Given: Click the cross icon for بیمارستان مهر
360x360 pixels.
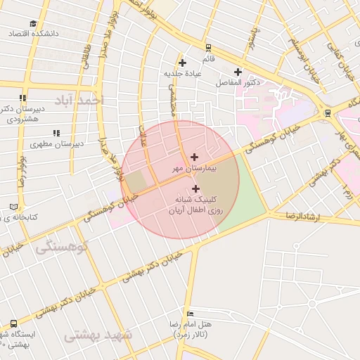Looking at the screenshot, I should (x=195, y=156).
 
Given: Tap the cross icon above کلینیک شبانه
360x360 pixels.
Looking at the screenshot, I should (x=195, y=188).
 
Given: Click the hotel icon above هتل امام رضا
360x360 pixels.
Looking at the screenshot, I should (x=190, y=313).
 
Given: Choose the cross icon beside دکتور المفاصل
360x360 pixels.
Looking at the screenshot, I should (x=238, y=72).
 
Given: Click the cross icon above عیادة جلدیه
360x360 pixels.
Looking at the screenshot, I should (x=182, y=63).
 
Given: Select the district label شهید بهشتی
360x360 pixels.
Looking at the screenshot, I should (x=98, y=335).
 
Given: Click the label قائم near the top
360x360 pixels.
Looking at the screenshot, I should (x=208, y=46).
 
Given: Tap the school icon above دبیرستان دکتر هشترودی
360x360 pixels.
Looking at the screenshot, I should (x=23, y=98).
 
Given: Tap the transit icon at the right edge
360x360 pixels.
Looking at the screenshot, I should (x=328, y=112).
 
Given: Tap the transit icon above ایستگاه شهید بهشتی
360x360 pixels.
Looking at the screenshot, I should (x=14, y=323).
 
